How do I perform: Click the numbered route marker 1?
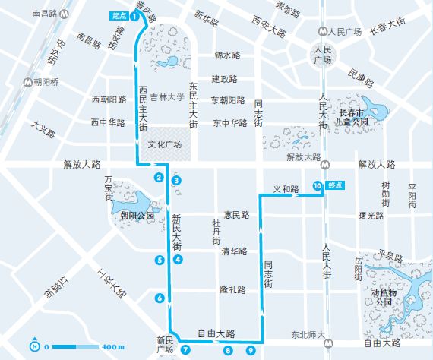134,16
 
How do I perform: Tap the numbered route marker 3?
176,181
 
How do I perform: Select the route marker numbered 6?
160,298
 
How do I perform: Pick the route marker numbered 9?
251,350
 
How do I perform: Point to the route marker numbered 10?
317,185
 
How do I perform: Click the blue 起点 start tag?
117,15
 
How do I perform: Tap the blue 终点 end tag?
335,185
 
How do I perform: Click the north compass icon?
36,346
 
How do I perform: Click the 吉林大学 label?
167,97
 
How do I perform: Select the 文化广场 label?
164,144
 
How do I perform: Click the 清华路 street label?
235,251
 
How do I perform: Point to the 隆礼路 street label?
234,289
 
